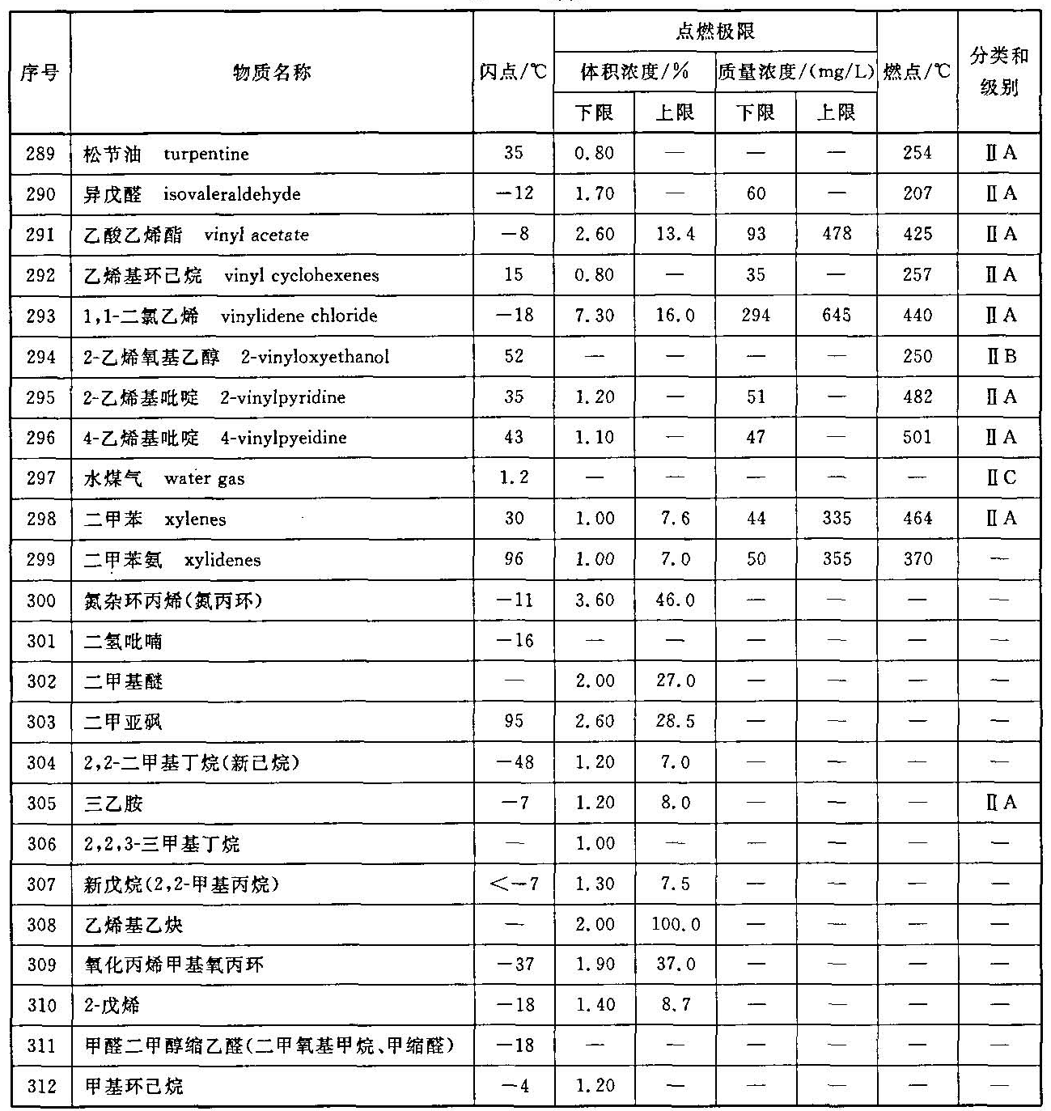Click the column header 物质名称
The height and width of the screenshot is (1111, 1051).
tap(272, 73)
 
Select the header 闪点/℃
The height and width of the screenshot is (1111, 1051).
tap(513, 73)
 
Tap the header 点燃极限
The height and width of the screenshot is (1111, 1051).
tap(715, 32)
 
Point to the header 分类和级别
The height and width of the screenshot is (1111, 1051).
tap(999, 71)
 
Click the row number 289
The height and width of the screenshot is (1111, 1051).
tap(40, 153)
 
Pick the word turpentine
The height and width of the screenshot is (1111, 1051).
tap(206, 154)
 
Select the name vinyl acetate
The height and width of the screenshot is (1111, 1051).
tap(256, 235)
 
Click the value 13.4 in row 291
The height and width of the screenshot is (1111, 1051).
tap(675, 235)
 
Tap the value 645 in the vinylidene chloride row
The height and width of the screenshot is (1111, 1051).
tap(836, 316)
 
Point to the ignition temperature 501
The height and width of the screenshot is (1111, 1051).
tap(918, 437)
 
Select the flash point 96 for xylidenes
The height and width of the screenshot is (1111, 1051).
tap(514, 559)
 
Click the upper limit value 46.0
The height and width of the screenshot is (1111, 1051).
tap(675, 600)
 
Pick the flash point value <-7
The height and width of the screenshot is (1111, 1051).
tap(514, 884)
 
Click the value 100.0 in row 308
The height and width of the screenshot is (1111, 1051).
tap(676, 924)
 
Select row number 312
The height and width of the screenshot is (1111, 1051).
tap(40, 1086)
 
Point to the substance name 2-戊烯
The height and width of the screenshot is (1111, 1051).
tap(112, 1005)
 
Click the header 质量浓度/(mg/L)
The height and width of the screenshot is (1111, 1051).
tap(796, 73)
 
